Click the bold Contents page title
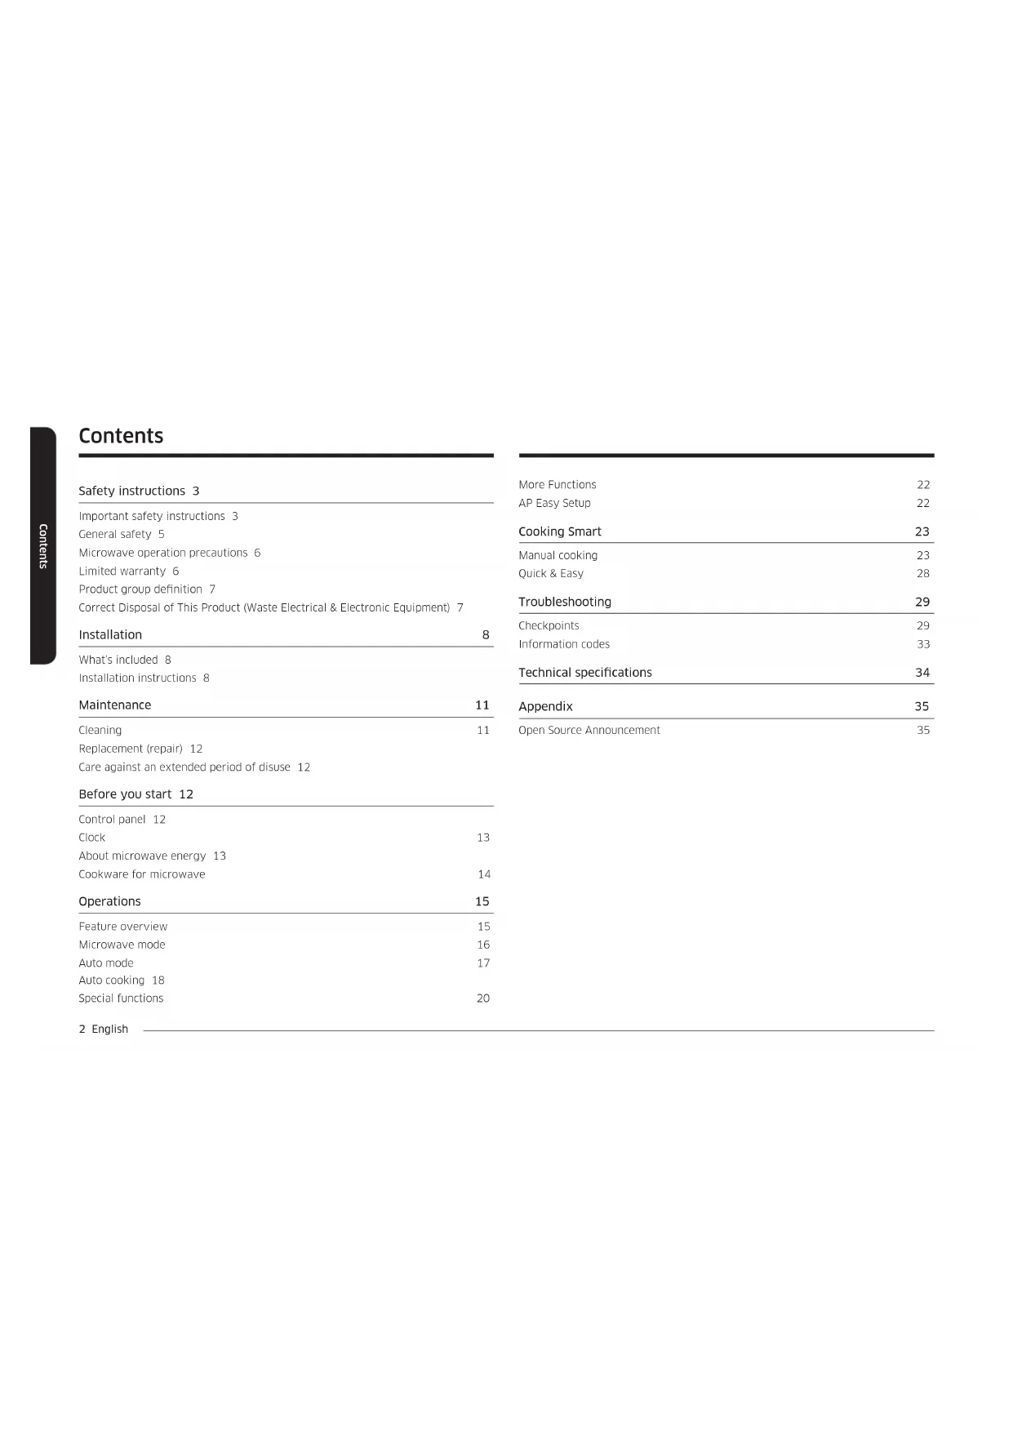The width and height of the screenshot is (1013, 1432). click(x=121, y=436)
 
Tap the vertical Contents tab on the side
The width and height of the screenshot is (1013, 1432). click(x=43, y=545)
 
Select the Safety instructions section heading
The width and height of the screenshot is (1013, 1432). click(x=131, y=491)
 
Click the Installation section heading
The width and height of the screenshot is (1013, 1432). click(x=110, y=634)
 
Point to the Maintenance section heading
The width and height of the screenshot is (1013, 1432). click(x=114, y=705)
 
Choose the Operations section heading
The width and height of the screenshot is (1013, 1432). click(x=109, y=901)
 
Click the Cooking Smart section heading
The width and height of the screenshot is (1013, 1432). click(x=559, y=531)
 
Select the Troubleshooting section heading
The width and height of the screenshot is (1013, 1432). click(x=564, y=602)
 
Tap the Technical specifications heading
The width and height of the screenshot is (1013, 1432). click(x=584, y=673)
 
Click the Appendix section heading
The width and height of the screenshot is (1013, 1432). click(x=545, y=706)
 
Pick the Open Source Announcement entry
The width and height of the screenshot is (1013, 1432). click(x=589, y=730)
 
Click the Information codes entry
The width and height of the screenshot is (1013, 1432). click(x=564, y=644)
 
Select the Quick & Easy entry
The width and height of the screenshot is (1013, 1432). click(x=550, y=573)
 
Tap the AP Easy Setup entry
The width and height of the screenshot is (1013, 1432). click(x=554, y=503)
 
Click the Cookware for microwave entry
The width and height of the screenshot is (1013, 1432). click(x=141, y=874)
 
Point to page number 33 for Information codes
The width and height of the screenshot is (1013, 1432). click(x=923, y=644)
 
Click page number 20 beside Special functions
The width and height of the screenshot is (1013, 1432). click(x=483, y=998)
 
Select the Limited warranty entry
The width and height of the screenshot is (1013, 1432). click(x=122, y=571)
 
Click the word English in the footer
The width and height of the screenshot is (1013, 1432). click(x=109, y=1029)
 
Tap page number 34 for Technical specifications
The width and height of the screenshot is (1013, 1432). click(x=922, y=673)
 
